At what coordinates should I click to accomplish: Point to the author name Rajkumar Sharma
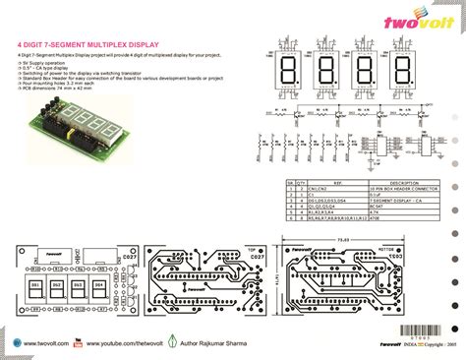(216, 342)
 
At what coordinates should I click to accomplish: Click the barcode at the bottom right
(424, 330)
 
